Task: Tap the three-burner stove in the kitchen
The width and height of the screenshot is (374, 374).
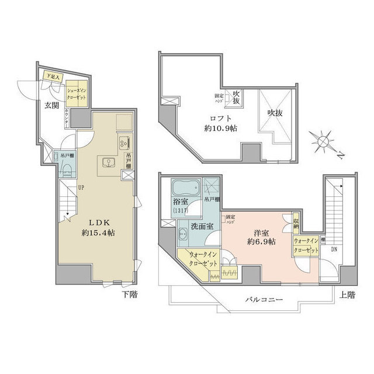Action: click(124, 141)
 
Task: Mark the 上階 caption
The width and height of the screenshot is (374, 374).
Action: click(346, 295)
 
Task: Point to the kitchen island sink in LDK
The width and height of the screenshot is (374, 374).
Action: click(109, 162)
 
